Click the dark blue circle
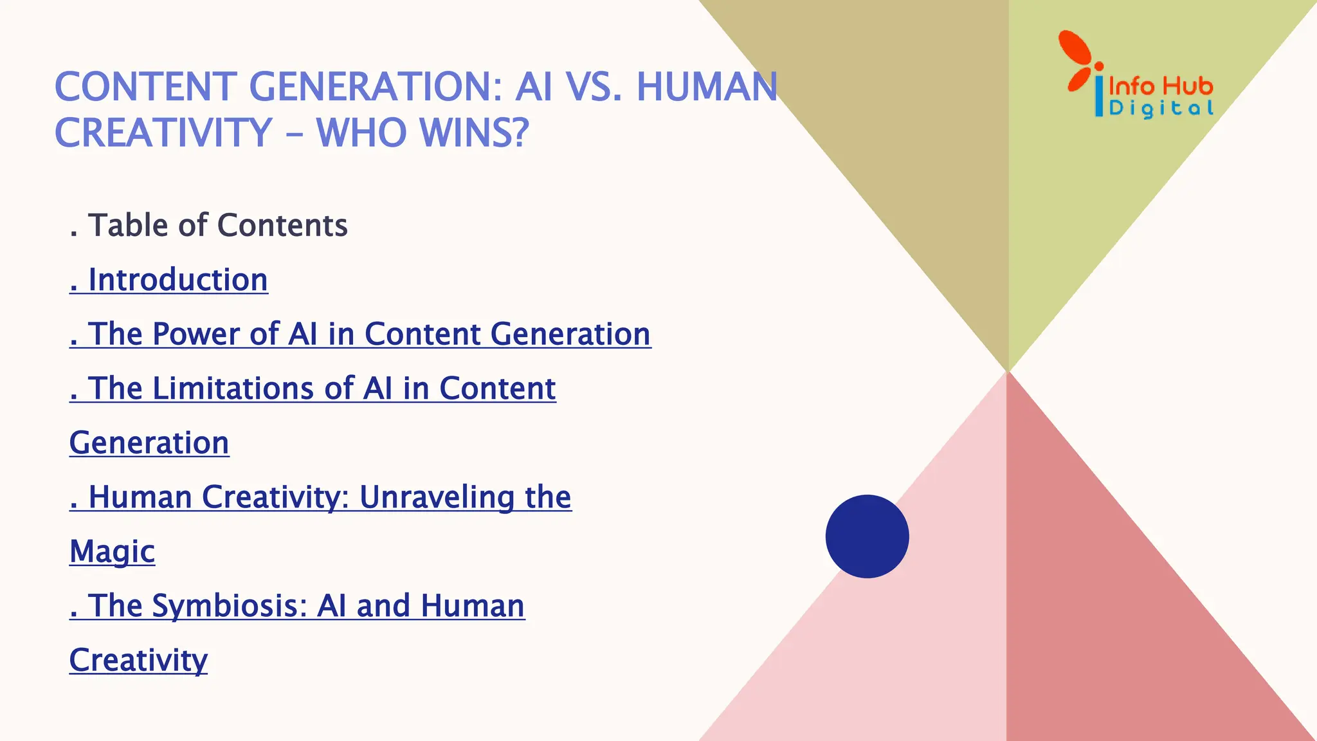click(x=867, y=536)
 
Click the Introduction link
click(x=177, y=280)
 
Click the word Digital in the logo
click(x=1161, y=107)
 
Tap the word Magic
click(x=112, y=552)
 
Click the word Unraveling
click(x=437, y=497)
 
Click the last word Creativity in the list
click(x=138, y=660)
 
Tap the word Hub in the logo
click(x=1189, y=86)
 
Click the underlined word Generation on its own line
click(x=149, y=443)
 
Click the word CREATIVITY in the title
click(x=163, y=133)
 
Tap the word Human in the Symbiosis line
click(x=473, y=606)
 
